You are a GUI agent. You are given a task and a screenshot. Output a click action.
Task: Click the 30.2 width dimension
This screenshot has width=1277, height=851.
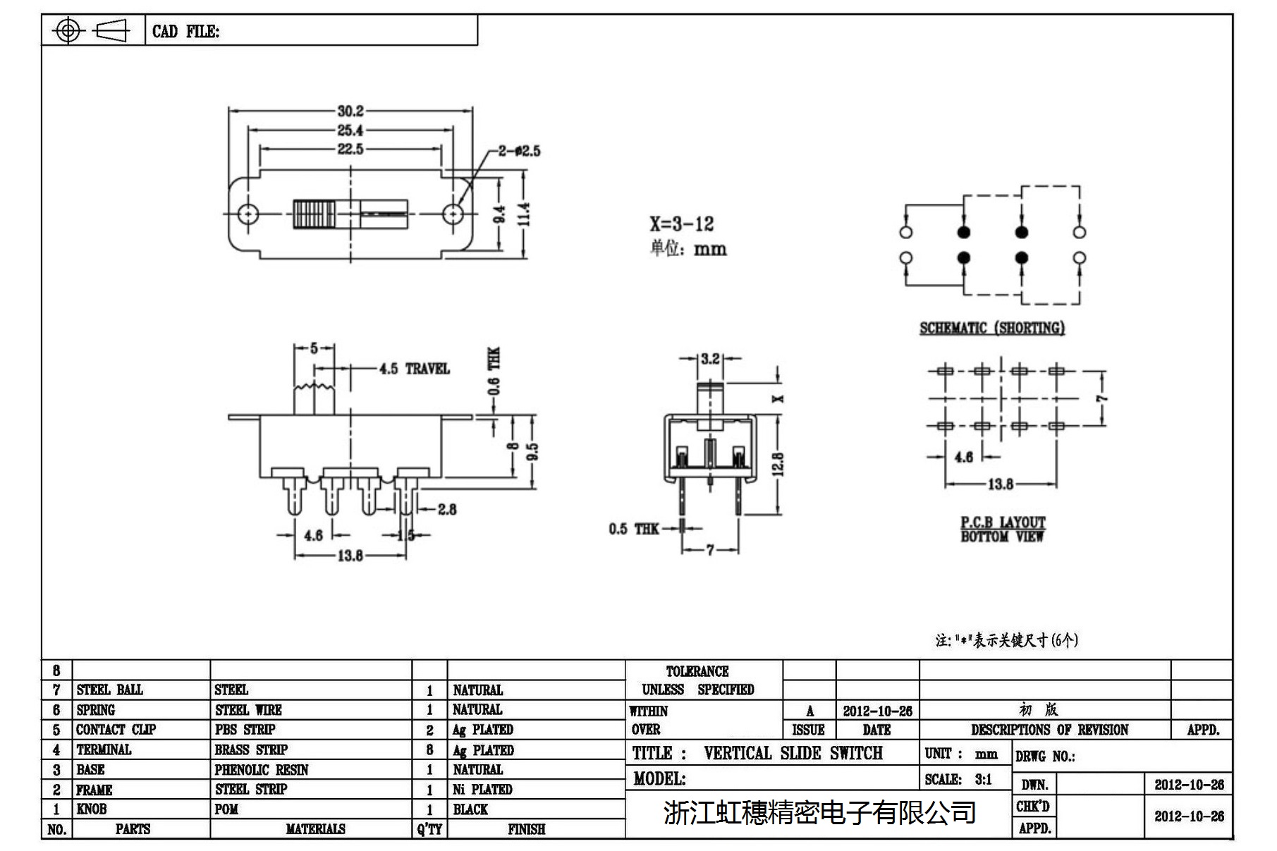coord(350,111)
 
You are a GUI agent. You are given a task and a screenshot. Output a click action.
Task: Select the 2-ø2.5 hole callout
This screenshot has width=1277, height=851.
coord(519,151)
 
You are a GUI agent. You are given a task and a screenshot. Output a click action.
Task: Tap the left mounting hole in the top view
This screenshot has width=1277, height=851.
coord(247,214)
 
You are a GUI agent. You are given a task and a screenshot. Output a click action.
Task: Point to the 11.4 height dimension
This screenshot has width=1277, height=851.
coord(525,214)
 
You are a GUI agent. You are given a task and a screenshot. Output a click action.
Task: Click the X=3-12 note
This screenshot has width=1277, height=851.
coord(681,224)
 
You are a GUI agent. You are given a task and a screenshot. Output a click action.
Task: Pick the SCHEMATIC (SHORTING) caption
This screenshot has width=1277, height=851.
coord(991,328)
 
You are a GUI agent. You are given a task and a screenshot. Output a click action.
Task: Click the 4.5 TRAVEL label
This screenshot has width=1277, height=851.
coord(414,369)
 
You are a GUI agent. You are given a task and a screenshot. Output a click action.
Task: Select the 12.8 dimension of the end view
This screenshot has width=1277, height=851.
coord(778,465)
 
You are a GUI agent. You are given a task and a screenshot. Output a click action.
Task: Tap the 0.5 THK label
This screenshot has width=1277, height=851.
coord(633,529)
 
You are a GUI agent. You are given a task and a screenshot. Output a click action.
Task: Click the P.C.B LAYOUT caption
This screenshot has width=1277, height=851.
coord(1002,523)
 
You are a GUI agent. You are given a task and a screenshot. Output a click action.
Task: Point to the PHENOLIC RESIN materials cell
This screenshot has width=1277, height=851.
coord(262,770)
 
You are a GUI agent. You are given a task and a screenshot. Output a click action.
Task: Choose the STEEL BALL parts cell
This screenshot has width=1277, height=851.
coord(109,690)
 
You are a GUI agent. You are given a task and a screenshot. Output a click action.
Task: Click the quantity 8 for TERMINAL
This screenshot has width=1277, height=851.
coord(429,749)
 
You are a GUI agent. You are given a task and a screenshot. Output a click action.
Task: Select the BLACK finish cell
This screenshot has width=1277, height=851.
coord(470,809)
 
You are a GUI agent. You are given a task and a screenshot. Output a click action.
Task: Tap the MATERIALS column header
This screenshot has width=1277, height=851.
coord(315,829)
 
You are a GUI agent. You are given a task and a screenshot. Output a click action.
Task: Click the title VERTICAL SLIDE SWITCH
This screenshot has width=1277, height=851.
coord(793,753)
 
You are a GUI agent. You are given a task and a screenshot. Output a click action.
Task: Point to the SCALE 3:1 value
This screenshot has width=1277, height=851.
coord(983,779)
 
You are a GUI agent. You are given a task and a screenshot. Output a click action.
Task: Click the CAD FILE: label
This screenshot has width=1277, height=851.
coord(185,32)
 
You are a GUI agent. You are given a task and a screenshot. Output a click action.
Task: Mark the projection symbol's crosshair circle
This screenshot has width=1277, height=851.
coord(68,31)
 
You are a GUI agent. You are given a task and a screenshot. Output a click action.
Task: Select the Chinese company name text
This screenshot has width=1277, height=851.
coord(819,813)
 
